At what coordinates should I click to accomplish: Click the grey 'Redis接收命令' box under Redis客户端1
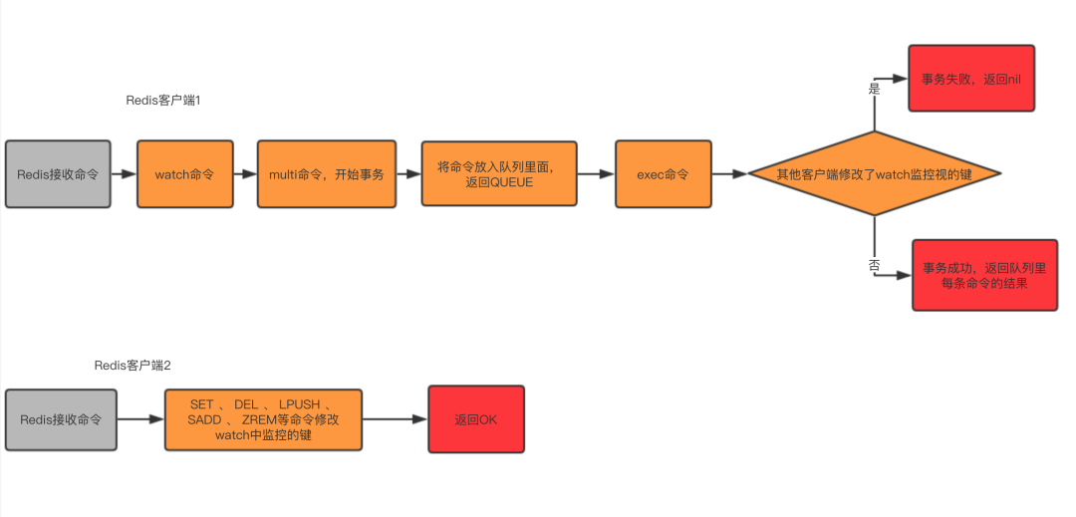tap(58, 174)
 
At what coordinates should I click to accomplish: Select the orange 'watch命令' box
tap(184, 174)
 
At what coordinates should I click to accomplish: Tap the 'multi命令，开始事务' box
tap(326, 174)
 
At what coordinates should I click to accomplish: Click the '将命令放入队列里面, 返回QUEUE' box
tap(499, 174)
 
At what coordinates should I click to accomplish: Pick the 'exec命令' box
tap(663, 174)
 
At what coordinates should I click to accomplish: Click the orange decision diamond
tap(874, 174)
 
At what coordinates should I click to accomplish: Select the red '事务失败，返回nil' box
tap(971, 78)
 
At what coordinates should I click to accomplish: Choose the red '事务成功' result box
tap(984, 275)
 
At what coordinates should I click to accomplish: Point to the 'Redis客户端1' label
tap(163, 101)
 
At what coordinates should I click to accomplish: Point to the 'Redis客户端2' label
tap(133, 366)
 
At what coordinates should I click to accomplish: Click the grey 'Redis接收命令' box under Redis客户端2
tap(61, 419)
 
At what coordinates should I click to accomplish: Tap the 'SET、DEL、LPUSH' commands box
tap(263, 419)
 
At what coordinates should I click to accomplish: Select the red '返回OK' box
tap(475, 419)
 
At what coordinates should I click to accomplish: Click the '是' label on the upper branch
tap(875, 89)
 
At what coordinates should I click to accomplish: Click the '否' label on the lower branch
tap(874, 266)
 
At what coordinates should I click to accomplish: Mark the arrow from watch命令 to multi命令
tap(244, 174)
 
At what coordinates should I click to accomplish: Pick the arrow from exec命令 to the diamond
tap(729, 174)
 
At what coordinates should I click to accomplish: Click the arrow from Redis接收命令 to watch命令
tap(124, 174)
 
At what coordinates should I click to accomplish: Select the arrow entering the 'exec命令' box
tap(596, 174)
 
